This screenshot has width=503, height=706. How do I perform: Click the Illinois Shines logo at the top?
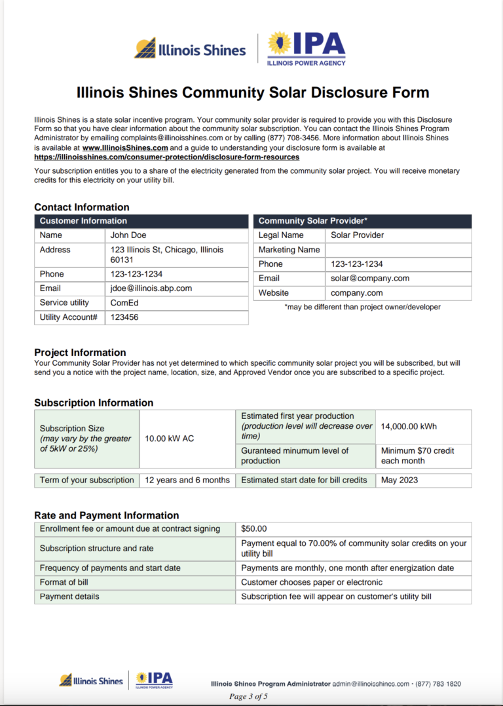pos(190,49)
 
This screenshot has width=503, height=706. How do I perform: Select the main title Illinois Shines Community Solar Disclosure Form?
pos(253,92)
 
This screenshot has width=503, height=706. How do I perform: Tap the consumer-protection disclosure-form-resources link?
pos(166,157)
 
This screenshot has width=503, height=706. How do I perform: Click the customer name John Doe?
pos(128,235)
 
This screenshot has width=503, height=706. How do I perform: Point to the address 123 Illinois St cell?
pos(166,255)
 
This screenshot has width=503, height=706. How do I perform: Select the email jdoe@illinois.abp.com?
pos(151,288)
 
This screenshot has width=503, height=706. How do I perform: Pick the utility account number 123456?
pos(124,317)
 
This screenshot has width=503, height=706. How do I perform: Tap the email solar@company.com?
pos(369,279)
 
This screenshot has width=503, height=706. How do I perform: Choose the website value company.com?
pos(356,293)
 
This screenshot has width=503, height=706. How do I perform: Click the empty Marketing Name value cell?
pos(398,250)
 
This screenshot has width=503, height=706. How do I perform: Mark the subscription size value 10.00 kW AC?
pos(169,439)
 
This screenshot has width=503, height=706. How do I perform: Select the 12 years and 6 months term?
pos(187,480)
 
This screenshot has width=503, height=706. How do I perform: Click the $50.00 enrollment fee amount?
pos(253,529)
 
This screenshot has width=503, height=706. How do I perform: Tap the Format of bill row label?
pos(64,582)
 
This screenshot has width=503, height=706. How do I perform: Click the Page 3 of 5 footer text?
pos(248,696)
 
